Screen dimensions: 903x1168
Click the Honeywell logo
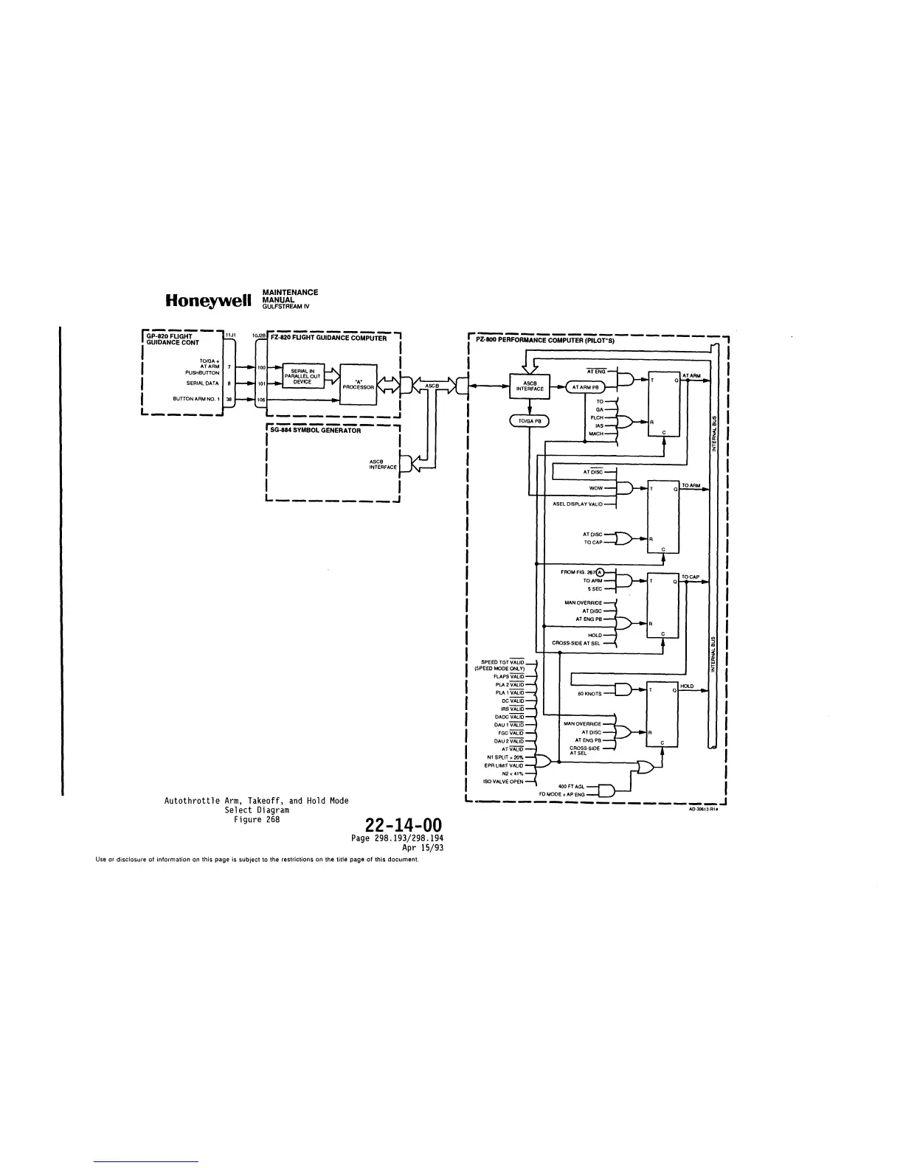[210, 302]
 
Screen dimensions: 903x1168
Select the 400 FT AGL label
[572, 787]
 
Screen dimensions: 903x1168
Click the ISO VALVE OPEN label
[503, 782]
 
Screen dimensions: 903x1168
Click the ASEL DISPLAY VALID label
[578, 504]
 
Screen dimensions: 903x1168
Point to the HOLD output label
[688, 686]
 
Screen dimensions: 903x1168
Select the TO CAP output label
[691, 577]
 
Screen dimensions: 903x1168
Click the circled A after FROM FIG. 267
[600, 572]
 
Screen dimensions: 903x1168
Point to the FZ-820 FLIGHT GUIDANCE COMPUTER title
[329, 338]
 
